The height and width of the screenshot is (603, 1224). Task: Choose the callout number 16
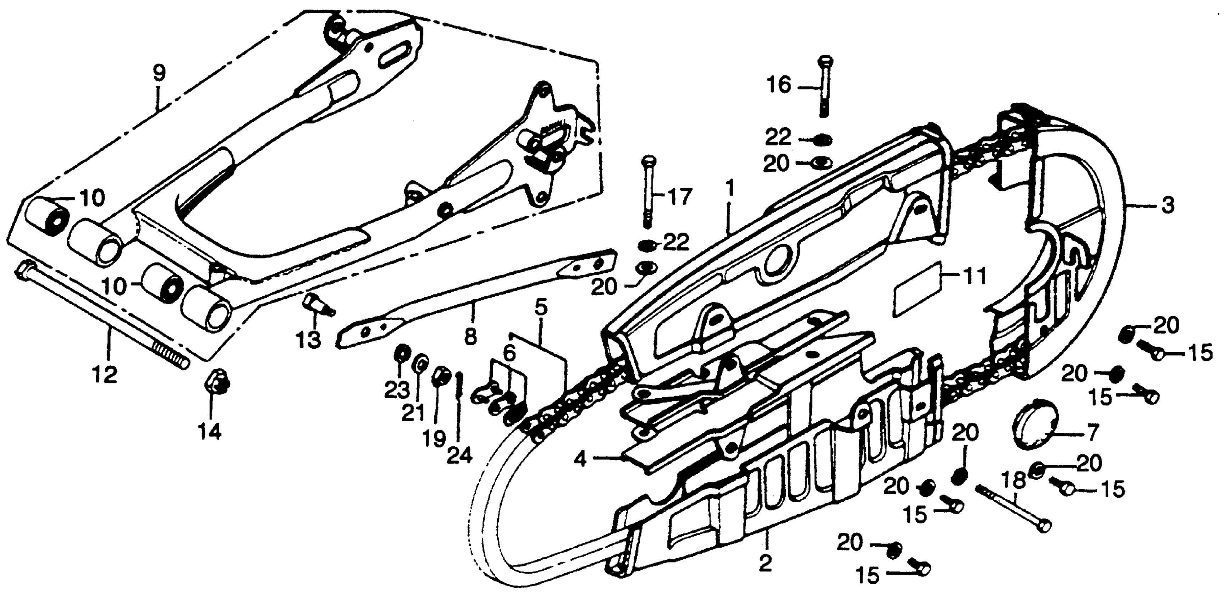tap(778, 86)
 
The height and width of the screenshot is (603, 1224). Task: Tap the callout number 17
tap(680, 197)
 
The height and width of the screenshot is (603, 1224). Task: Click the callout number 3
tap(1168, 206)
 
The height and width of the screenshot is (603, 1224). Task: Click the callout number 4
tap(580, 459)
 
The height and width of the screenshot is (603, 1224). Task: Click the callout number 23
tap(397, 391)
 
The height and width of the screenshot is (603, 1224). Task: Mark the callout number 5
tap(541, 308)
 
